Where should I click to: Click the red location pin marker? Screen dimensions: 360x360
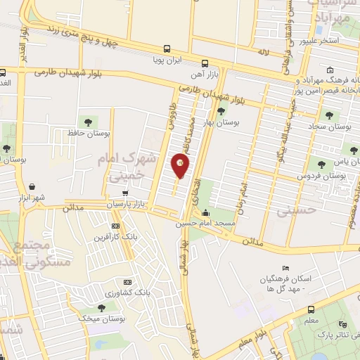(181, 166)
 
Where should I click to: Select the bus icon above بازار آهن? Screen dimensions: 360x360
(205, 63)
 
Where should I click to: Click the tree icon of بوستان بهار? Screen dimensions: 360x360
(221, 110)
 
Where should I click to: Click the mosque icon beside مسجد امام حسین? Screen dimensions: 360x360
(205, 214)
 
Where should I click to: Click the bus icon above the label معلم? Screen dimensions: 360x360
(310, 309)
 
